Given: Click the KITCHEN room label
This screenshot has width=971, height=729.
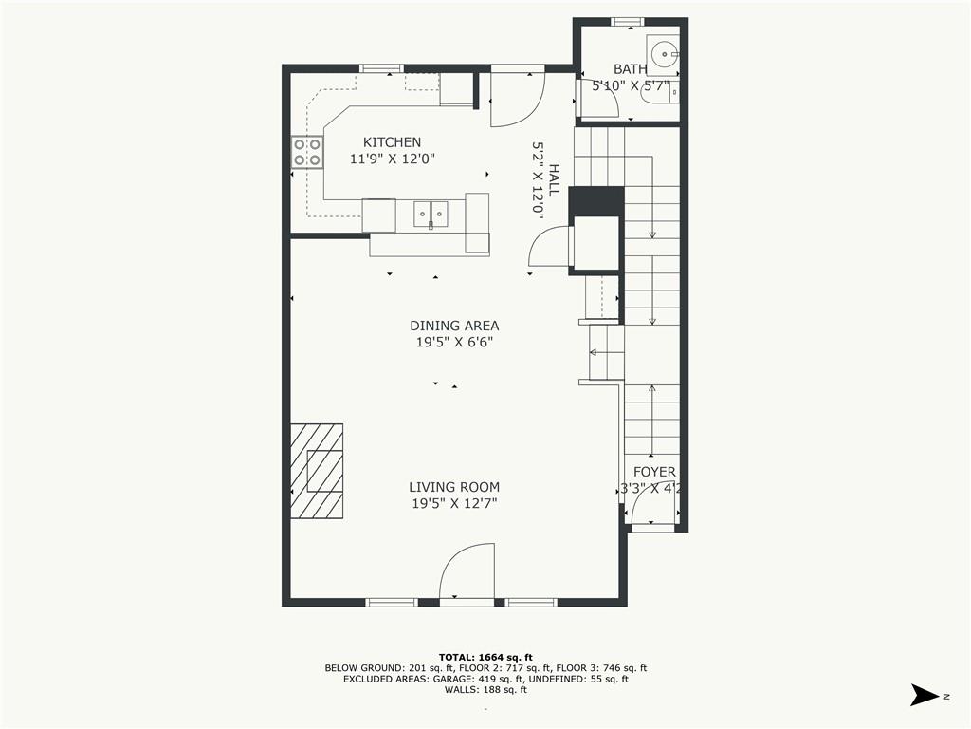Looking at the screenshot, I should click(392, 142).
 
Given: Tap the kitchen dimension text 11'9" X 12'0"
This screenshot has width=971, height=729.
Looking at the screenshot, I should click(392, 159).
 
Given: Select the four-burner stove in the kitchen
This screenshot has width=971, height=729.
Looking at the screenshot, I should click(306, 153).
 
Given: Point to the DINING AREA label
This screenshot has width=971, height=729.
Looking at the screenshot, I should click(454, 326).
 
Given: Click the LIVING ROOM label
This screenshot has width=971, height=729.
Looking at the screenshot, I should click(454, 487).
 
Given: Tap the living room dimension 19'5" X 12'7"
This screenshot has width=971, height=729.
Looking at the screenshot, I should click(454, 504).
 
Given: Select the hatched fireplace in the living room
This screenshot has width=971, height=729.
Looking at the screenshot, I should click(317, 471).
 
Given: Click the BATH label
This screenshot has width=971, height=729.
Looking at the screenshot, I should click(630, 69).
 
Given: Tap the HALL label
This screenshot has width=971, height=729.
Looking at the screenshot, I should click(554, 180).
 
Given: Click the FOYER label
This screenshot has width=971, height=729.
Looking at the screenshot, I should click(654, 472).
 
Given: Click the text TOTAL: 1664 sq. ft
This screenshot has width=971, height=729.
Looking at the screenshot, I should click(485, 657).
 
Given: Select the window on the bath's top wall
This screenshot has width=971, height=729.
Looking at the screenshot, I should click(627, 21).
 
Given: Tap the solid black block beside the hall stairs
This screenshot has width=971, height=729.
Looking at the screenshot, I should click(595, 201).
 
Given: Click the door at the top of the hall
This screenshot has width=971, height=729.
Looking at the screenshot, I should click(517, 98).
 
